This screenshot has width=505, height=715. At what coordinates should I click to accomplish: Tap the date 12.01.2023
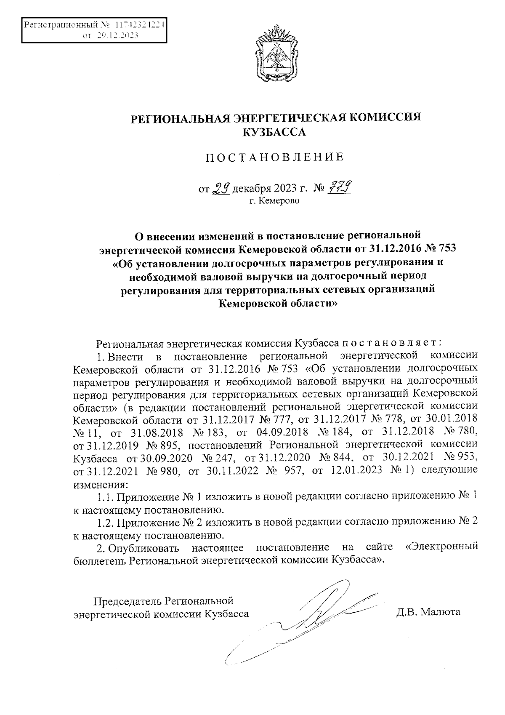tap(357, 470)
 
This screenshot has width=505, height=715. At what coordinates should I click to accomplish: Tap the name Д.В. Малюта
tap(428, 612)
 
